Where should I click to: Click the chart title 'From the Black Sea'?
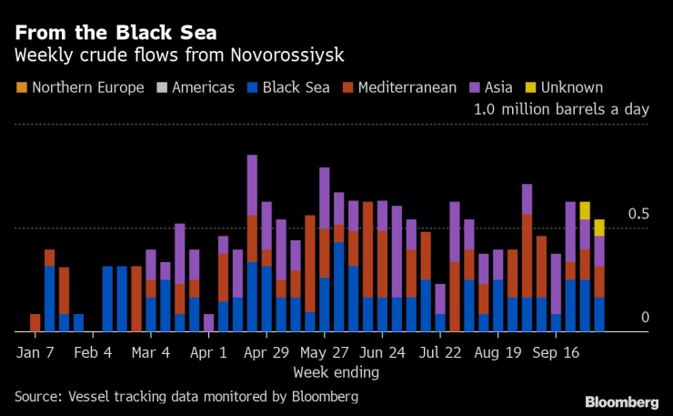[x=114, y=34]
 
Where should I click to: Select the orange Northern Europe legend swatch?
[x=20, y=88]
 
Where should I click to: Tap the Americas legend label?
[x=201, y=88]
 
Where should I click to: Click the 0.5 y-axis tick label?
[x=640, y=214]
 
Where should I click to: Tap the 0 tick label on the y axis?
[x=645, y=317]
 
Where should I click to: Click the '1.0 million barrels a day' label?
[x=562, y=109]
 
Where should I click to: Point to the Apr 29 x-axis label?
[x=266, y=351]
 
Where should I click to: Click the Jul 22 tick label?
[x=441, y=351]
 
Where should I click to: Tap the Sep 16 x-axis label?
[x=556, y=351]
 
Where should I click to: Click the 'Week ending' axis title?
[x=336, y=372]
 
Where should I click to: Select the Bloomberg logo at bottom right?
[x=622, y=401]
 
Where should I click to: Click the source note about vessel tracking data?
[x=186, y=397]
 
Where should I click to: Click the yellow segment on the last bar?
[x=599, y=228]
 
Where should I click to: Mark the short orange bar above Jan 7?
[x=35, y=322]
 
